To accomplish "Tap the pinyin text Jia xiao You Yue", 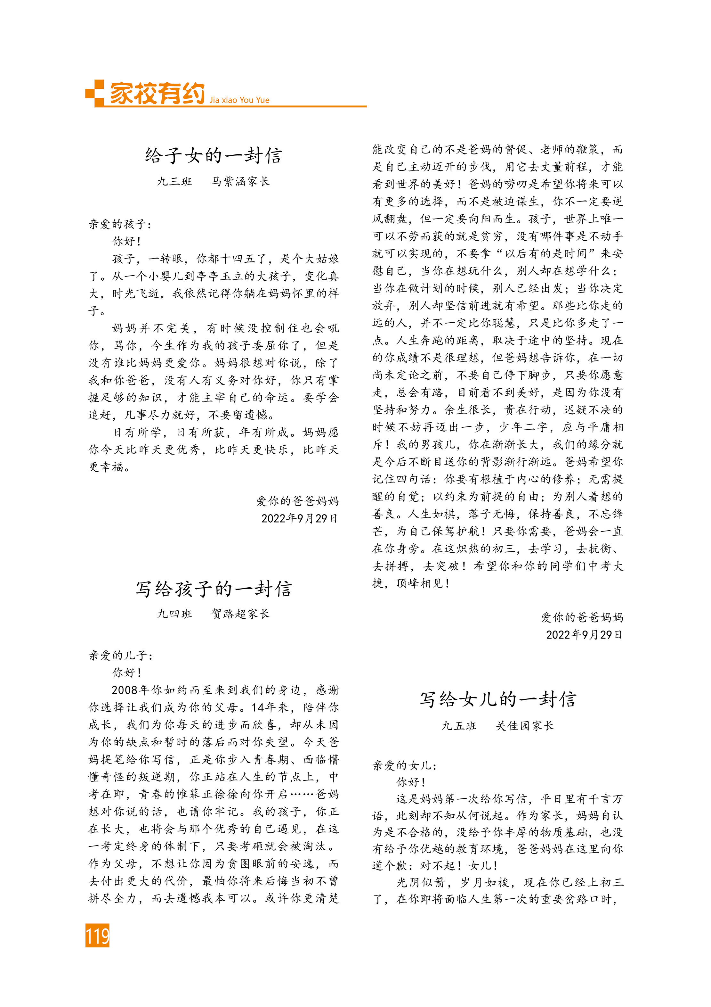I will click(x=239, y=100).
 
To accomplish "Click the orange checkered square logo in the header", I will click(x=95, y=93).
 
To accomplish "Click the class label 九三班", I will click(x=174, y=182).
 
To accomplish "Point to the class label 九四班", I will click(x=174, y=614).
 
